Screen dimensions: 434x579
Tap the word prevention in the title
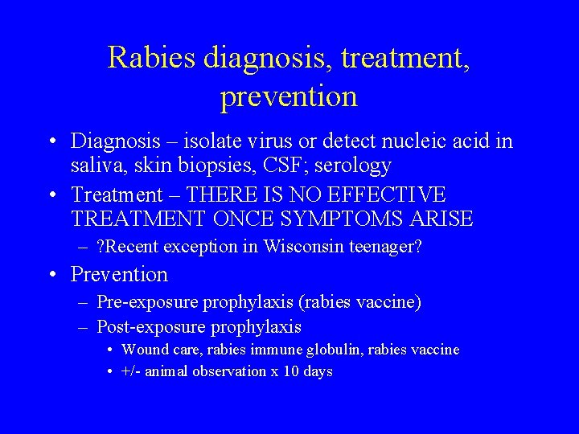(288, 96)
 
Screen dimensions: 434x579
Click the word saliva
(96, 166)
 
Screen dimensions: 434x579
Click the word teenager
(386, 247)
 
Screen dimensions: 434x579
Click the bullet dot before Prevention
(51, 275)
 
